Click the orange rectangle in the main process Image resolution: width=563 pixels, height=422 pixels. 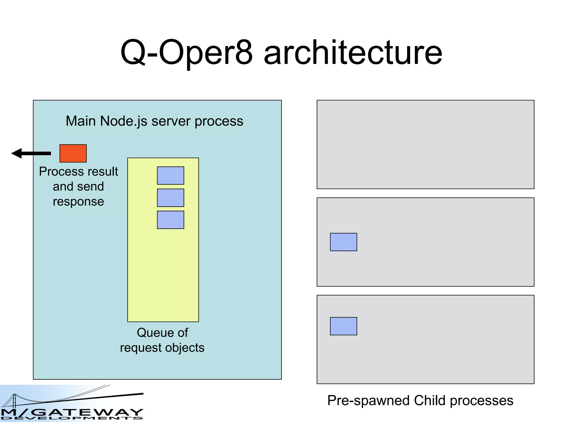(x=73, y=153)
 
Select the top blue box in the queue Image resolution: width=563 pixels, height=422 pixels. (x=170, y=175)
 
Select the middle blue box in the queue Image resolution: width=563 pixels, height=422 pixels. (x=170, y=198)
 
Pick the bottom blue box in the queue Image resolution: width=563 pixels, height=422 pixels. (x=170, y=220)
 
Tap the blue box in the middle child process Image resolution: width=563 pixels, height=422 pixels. (x=343, y=242)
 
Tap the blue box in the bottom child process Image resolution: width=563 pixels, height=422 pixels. (x=343, y=326)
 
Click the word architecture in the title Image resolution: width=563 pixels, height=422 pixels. (x=353, y=53)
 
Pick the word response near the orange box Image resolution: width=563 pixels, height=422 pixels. (x=78, y=202)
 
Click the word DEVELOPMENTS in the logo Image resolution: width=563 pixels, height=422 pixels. (x=71, y=418)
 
